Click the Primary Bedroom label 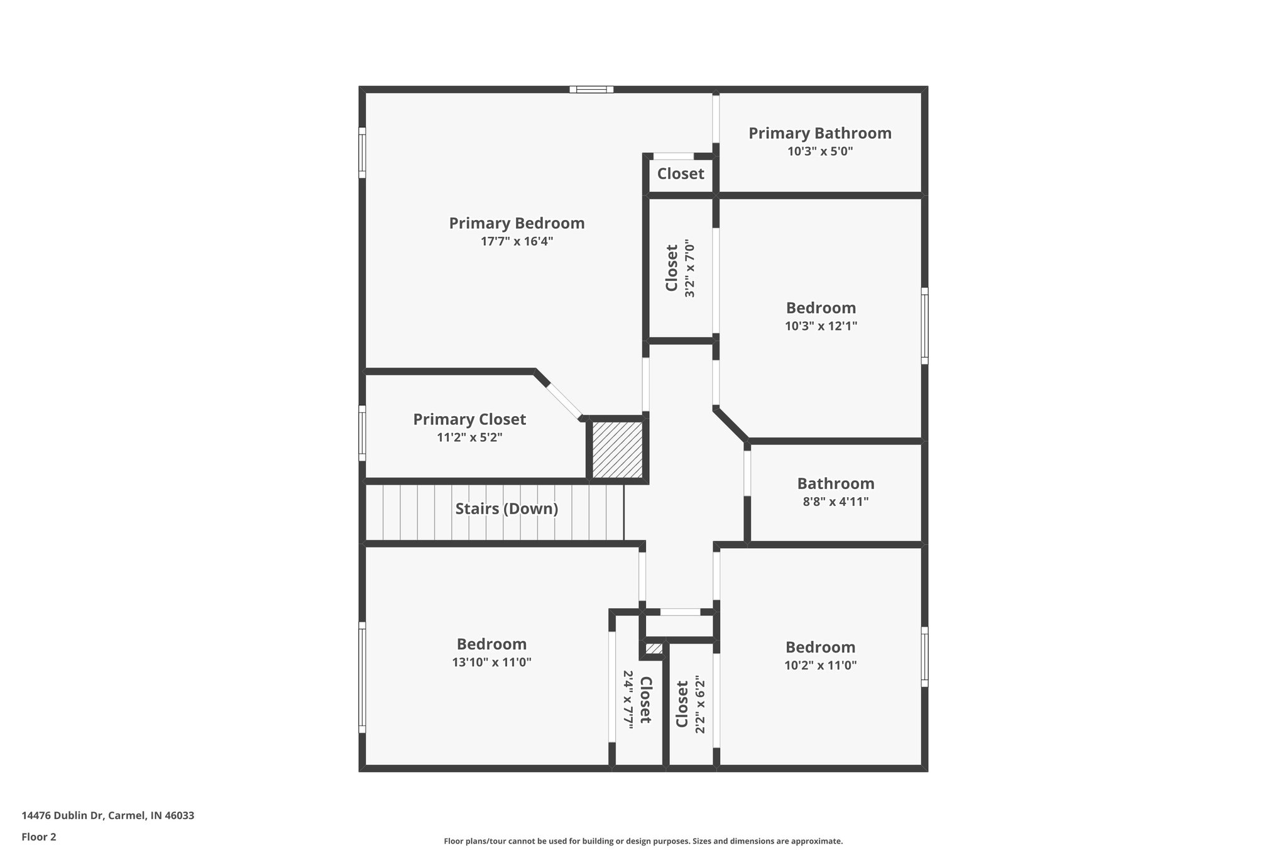[x=517, y=223]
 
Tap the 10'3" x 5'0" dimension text [x=819, y=151]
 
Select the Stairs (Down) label [x=507, y=509]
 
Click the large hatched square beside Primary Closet [x=618, y=449]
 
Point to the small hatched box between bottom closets [x=654, y=649]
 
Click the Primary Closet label [x=469, y=419]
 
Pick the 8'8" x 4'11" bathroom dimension [x=835, y=502]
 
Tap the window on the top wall [x=591, y=89]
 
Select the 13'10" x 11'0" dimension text [x=491, y=662]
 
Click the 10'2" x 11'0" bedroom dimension [x=820, y=665]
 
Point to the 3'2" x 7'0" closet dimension [x=690, y=268]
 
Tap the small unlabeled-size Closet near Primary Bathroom [x=681, y=173]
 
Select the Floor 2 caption [x=39, y=837]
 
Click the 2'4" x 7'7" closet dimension [x=628, y=700]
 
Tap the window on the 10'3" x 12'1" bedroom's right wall [x=924, y=326]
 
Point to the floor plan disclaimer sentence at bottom [x=643, y=841]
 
